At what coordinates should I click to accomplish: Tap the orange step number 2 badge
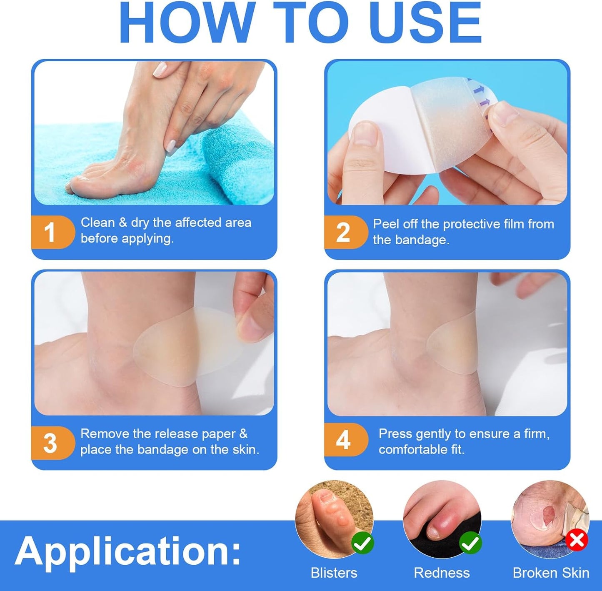pos(343,232)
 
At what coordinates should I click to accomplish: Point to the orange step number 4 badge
pos(343,440)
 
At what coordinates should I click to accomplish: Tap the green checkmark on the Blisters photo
pos(362,543)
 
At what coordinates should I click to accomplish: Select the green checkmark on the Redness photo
pos(470,543)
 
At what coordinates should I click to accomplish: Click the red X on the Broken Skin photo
pos(577,541)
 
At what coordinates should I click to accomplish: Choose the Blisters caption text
pos(334,573)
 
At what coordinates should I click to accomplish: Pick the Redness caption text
pos(442,573)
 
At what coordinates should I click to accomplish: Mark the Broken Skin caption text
pos(551,573)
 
